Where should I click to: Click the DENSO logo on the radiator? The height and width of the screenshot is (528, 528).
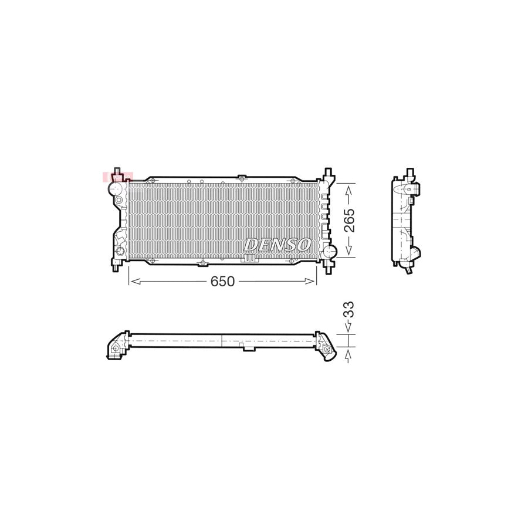click(x=278, y=244)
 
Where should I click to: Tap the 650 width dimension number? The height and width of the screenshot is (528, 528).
click(x=223, y=282)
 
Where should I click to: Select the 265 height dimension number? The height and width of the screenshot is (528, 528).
click(x=349, y=220)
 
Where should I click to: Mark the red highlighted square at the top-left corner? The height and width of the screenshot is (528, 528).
click(x=118, y=177)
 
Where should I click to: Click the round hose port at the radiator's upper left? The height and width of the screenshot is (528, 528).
click(x=116, y=189)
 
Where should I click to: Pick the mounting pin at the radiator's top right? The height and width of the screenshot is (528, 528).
click(x=327, y=174)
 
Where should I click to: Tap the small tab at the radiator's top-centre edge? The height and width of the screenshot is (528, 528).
click(x=241, y=177)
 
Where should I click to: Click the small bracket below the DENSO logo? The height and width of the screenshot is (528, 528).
click(x=250, y=258)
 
